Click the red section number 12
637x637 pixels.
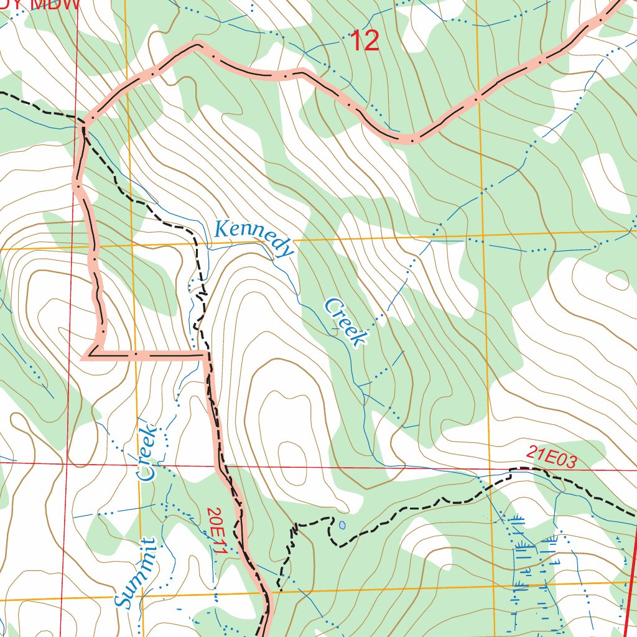point(365,42)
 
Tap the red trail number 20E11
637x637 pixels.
point(216,530)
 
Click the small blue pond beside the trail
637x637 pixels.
point(342,524)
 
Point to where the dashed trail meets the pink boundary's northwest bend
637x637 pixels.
point(85,119)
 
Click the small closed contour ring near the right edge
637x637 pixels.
point(618,279)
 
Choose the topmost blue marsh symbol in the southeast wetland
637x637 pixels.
point(516,518)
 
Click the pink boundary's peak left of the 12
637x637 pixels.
point(198,44)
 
